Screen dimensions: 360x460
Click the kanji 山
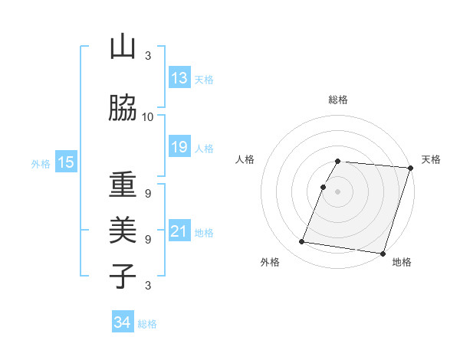pyautogui.click(x=123, y=47)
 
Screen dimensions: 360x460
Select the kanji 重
pyautogui.click(x=123, y=184)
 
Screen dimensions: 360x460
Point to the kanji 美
pyautogui.click(x=123, y=230)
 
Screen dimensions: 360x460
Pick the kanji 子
pyautogui.click(x=123, y=276)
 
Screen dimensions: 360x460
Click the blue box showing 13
pyautogui.click(x=179, y=78)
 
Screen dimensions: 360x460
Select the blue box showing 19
pyautogui.click(x=179, y=147)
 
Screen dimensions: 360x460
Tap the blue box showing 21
pyautogui.click(x=179, y=231)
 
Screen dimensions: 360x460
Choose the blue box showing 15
pyautogui.click(x=65, y=162)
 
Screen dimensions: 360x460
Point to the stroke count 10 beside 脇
pyautogui.click(x=148, y=116)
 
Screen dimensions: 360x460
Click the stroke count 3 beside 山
pyautogui.click(x=148, y=55)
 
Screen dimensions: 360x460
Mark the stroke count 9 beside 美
pyautogui.click(x=148, y=239)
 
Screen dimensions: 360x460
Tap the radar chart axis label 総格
pyautogui.click(x=338, y=100)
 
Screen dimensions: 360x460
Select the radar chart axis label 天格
pyautogui.click(x=431, y=159)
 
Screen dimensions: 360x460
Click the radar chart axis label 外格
pyautogui.click(x=270, y=262)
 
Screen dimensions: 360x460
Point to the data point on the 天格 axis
pyautogui.click(x=410, y=168)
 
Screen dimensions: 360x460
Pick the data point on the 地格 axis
pyautogui.click(x=382, y=253)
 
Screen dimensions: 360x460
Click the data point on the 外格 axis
pyautogui.click(x=301, y=242)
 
